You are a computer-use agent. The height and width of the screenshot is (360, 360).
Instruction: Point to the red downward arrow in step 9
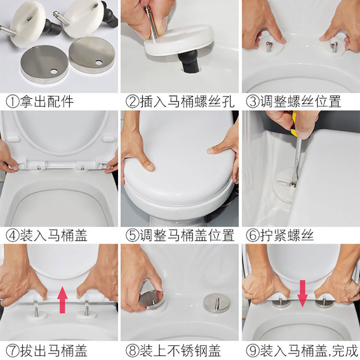tap(303, 293)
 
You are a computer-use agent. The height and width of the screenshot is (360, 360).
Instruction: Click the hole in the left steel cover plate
tap(54, 72)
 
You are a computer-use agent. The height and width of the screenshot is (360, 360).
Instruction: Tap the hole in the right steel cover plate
tap(99, 62)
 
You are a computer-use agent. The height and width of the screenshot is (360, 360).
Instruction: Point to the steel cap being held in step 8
tap(151, 300)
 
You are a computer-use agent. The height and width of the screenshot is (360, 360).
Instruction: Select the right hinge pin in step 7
tap(86, 311)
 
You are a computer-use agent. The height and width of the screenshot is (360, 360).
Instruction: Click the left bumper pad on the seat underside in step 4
tap(13, 139)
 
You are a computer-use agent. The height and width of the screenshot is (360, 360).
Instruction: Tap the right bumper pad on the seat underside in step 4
tap(109, 139)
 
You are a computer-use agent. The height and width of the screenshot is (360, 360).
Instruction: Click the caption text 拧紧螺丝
tap(287, 235)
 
